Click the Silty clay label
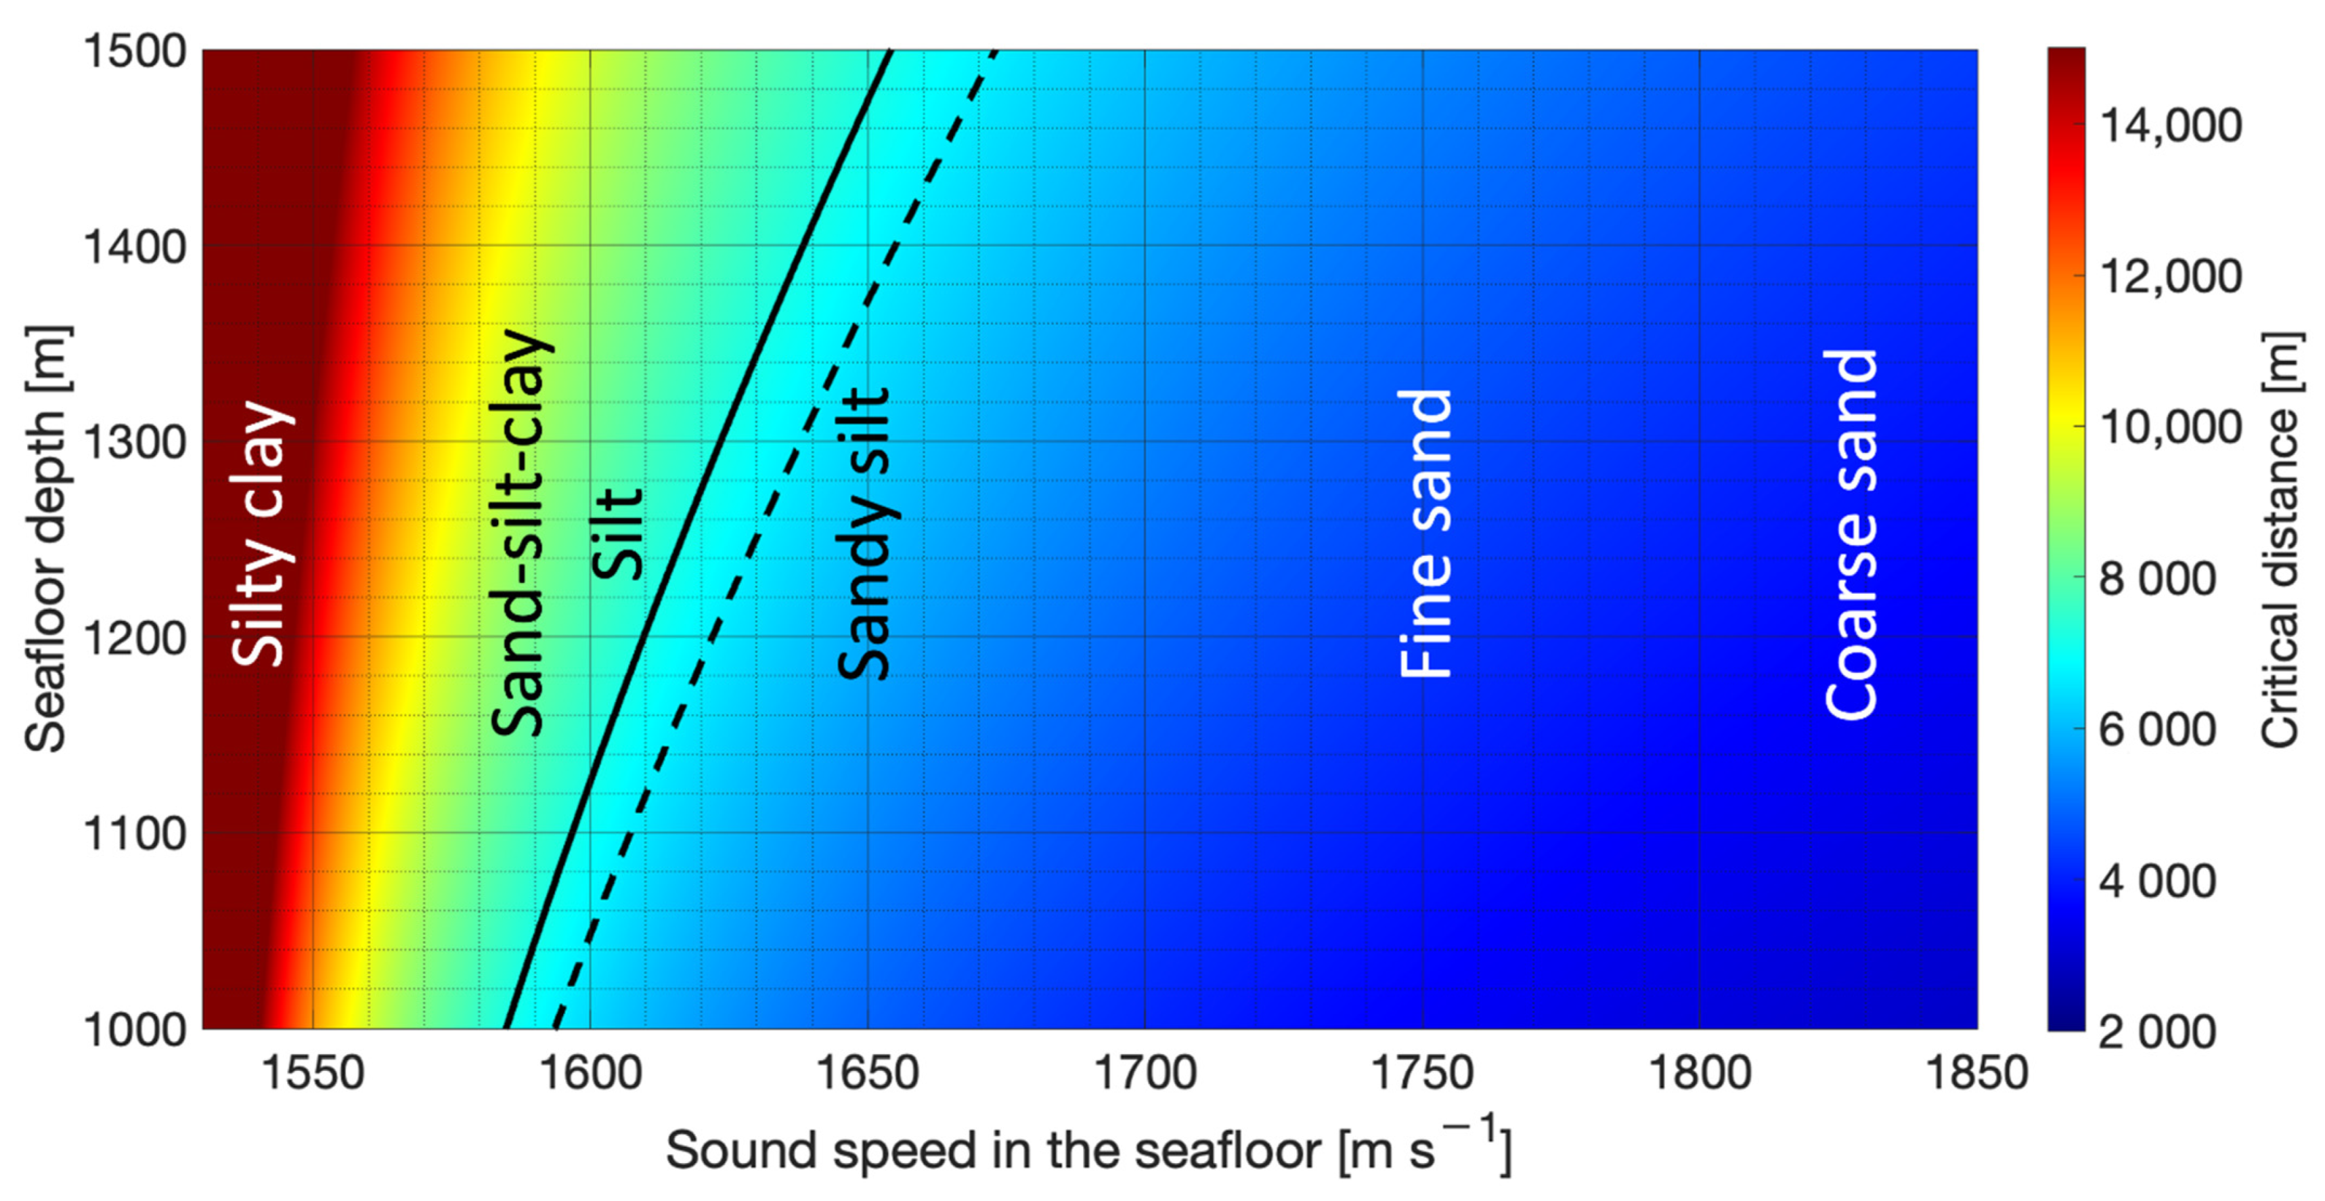click(262, 533)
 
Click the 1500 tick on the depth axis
click(135, 51)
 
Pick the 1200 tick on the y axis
click(135, 638)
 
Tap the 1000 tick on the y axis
click(135, 1030)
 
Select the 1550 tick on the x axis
click(312, 1074)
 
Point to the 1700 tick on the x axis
click(1145, 1074)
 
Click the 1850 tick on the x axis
click(1976, 1074)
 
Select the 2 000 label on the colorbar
click(2157, 1031)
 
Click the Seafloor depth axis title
click(45, 539)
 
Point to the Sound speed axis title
click(1088, 1150)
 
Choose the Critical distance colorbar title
click(2281, 539)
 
